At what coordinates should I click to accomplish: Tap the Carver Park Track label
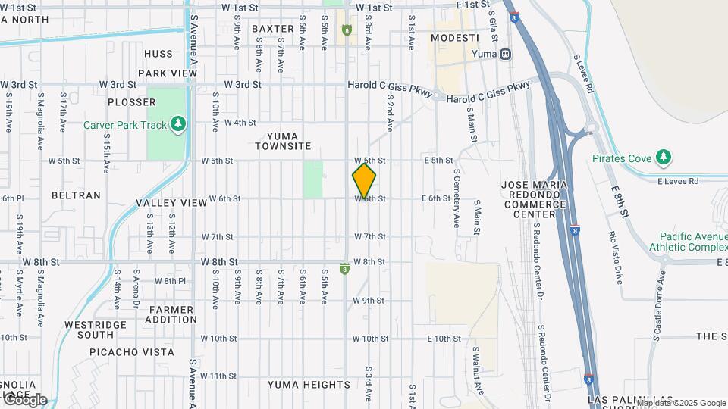tap(125, 124)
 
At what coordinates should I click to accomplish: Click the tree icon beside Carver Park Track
tap(178, 123)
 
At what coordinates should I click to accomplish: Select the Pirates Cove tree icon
tap(664, 157)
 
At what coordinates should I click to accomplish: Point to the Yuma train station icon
tap(506, 54)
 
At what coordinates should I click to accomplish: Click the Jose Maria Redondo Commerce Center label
tap(535, 199)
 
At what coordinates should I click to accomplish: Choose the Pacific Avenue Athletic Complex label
tap(692, 242)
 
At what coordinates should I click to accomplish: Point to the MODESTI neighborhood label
tap(455, 38)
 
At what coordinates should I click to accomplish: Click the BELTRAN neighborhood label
tap(76, 195)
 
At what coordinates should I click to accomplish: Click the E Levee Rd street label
tap(676, 181)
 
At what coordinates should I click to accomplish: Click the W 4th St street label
tap(240, 123)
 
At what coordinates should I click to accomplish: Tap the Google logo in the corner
tap(24, 400)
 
